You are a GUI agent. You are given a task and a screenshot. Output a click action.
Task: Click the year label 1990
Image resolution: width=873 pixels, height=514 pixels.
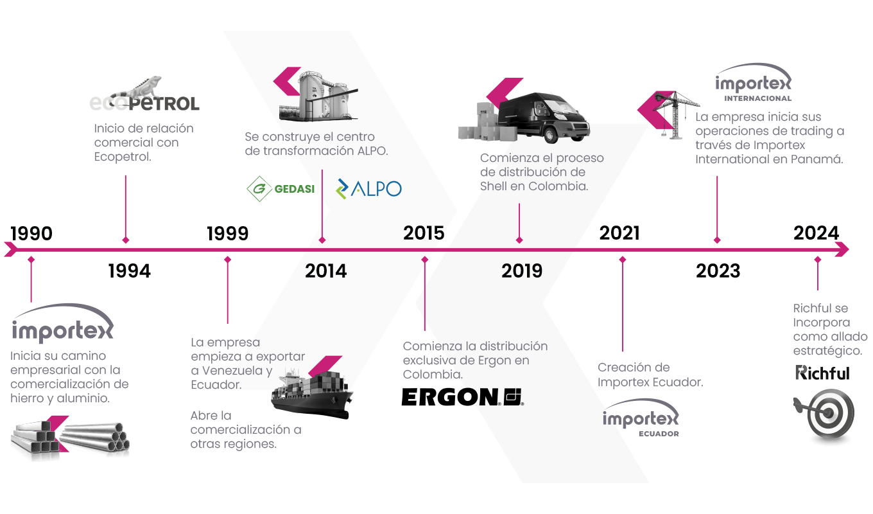[31, 233]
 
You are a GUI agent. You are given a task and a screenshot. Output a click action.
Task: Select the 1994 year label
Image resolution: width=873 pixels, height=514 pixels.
[129, 271]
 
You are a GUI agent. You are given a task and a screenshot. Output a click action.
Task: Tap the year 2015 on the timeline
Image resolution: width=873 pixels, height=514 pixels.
[424, 233]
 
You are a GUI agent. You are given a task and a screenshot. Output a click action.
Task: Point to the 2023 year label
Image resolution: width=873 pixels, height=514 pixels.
[718, 271]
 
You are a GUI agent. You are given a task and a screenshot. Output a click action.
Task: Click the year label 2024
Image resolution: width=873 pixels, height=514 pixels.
[816, 233]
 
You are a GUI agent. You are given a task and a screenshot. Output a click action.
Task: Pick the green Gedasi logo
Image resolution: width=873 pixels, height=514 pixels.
[281, 188]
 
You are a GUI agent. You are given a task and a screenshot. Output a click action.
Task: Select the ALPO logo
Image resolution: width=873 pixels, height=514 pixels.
[369, 188]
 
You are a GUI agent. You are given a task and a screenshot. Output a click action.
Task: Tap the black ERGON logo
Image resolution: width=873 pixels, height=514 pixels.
[462, 397]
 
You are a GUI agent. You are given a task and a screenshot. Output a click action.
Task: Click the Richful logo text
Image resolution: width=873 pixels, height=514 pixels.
[822, 373]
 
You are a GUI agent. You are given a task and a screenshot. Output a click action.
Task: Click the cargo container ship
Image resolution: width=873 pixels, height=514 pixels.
[311, 391]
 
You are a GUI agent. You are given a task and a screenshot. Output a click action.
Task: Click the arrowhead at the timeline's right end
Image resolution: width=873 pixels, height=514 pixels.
[843, 249]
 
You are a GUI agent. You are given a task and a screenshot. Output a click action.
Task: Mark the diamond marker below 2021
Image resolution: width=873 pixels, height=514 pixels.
[622, 260]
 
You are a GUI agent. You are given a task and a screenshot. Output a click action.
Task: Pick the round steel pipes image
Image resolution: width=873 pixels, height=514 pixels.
[96, 439]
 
